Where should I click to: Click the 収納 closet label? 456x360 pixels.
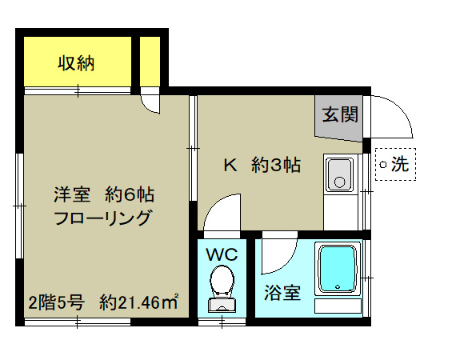76,63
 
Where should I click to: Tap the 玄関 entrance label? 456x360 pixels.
340,114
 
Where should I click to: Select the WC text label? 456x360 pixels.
222,254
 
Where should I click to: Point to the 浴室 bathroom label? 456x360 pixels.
282,293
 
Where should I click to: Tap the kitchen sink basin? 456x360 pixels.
340,174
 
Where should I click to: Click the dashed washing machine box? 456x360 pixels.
395,166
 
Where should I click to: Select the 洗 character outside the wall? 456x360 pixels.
402,166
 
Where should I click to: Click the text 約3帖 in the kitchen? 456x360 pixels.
276,166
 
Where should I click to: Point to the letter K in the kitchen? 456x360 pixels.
230,166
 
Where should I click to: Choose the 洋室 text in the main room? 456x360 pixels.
70,194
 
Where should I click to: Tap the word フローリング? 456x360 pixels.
102,218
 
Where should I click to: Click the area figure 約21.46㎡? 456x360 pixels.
138,302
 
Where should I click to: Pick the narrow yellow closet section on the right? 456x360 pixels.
150,60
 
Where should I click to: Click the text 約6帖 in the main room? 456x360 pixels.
128,194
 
